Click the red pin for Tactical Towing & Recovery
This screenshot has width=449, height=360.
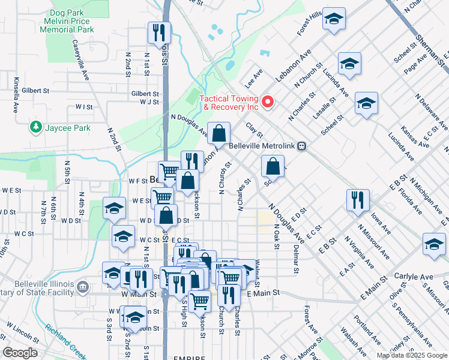[268, 101]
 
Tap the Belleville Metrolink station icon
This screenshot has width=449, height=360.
[304, 145]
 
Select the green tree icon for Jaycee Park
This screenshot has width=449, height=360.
[36, 127]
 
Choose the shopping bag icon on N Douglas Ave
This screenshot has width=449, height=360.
[220, 133]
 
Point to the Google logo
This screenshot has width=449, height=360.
[20, 353]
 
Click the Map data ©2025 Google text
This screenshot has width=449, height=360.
[411, 355]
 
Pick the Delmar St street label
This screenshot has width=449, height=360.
[295, 257]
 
